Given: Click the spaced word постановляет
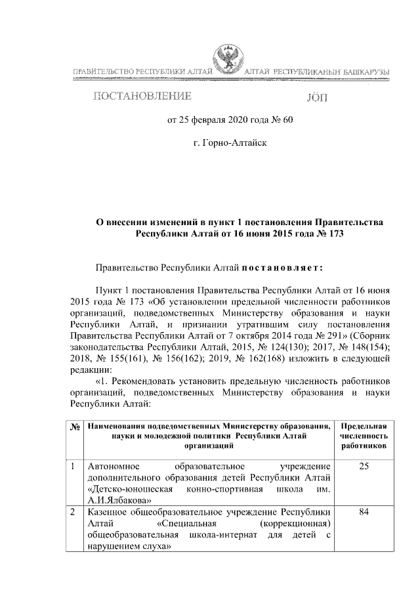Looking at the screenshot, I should point(282,268).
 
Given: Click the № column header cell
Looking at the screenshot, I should point(75,427).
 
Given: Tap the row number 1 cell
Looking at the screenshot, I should point(74,467).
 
